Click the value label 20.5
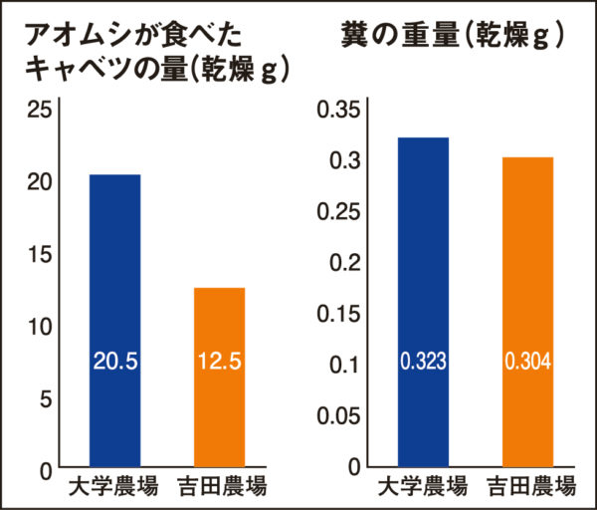114,362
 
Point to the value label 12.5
218,362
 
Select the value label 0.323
423,361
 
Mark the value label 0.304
527,361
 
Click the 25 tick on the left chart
39,111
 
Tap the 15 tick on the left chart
39,255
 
